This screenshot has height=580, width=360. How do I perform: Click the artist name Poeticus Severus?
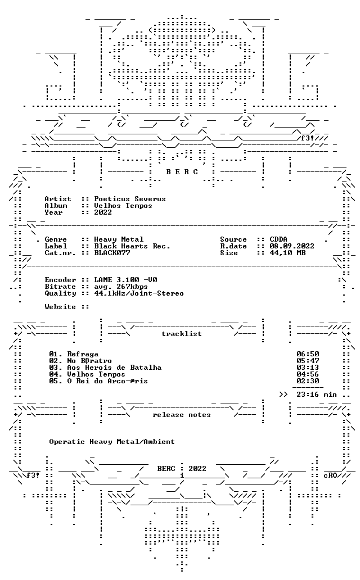[129, 199]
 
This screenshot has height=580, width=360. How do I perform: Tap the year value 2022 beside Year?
[103, 212]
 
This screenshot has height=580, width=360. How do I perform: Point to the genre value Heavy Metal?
[119, 239]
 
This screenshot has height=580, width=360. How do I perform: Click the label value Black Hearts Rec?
[132, 246]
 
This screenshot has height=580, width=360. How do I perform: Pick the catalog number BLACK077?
[112, 253]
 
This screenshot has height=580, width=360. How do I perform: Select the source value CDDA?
[278, 239]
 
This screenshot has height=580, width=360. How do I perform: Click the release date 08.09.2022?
[292, 246]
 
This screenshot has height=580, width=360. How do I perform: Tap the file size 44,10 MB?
[288, 253]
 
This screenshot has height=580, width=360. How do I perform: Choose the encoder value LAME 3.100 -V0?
[125, 280]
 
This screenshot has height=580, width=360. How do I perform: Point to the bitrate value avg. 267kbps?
[121, 287]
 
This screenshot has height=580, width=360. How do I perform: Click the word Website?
[60, 307]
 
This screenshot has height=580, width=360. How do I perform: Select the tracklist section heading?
[182, 334]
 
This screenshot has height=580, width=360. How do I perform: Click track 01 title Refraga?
[83, 354]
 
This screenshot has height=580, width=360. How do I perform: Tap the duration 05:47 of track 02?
[308, 361]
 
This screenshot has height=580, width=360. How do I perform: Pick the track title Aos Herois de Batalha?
[114, 368]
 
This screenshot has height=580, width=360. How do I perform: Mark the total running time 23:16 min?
[317, 395]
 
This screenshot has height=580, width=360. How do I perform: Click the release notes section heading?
[182, 415]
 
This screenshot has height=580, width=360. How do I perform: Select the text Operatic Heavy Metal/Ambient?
[112, 442]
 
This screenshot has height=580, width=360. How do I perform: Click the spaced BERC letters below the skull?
[182, 172]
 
